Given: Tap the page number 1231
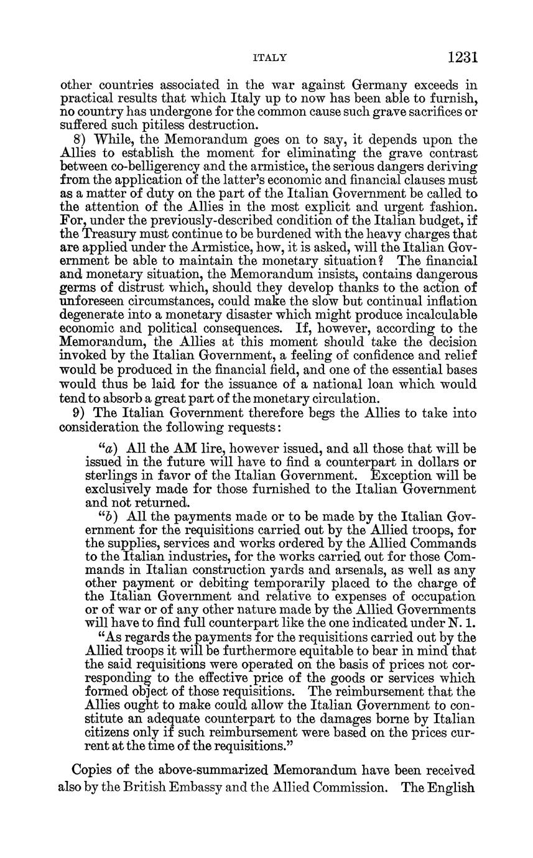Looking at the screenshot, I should tap(461, 57).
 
